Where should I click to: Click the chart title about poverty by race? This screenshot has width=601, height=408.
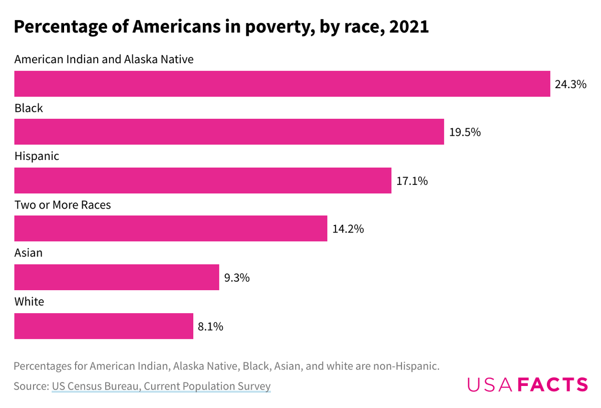click(x=221, y=27)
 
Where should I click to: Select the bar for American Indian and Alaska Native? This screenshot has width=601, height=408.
click(x=282, y=84)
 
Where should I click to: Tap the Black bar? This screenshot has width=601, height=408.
click(x=229, y=132)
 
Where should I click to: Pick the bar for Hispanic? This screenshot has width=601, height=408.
click(x=202, y=180)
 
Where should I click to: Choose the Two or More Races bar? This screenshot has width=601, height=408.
click(x=170, y=229)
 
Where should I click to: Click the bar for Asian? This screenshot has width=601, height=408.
click(x=116, y=277)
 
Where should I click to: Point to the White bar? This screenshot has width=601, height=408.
click(x=103, y=326)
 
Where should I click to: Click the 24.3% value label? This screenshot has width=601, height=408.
click(x=570, y=84)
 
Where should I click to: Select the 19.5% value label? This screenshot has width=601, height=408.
click(x=465, y=132)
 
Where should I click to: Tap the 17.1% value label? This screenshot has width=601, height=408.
click(x=412, y=181)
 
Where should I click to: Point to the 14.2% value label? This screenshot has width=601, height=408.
click(x=348, y=229)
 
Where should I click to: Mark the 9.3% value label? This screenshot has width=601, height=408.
click(x=236, y=278)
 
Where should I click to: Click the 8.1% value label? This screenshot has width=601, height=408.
click(x=210, y=326)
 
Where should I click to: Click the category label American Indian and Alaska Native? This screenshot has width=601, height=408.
click(x=104, y=59)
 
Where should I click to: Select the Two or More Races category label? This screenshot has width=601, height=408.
click(x=63, y=205)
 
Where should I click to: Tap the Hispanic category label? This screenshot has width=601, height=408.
click(x=37, y=156)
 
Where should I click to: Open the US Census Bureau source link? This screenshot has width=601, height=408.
click(x=161, y=386)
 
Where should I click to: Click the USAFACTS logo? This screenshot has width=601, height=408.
click(x=527, y=384)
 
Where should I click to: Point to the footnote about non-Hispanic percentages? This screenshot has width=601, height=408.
click(x=226, y=366)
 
